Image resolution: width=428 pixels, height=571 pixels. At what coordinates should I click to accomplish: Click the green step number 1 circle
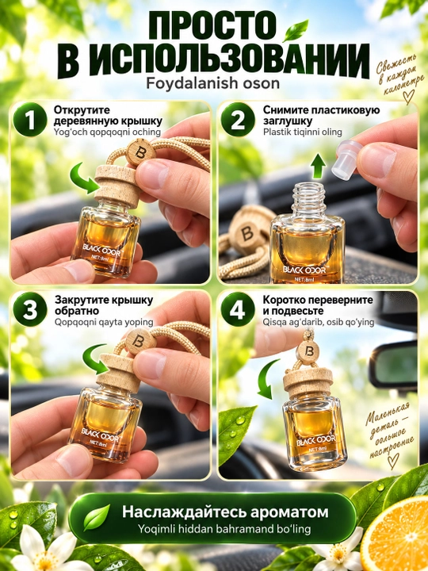tap(30, 120)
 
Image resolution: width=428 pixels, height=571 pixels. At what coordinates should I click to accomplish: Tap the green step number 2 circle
tap(238, 120)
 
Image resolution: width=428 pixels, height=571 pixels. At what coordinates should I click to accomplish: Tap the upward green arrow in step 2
tap(319, 166)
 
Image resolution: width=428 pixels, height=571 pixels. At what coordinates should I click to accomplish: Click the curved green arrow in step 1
tap(85, 178)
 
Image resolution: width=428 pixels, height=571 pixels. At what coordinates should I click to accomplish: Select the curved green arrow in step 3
tap(97, 360)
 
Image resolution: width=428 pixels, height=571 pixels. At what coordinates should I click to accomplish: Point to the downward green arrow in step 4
tap(268, 379)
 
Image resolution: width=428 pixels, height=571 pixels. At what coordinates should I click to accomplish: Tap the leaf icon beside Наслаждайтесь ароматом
tap(97, 517)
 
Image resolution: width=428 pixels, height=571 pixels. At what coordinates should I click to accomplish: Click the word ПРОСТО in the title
tap(213, 25)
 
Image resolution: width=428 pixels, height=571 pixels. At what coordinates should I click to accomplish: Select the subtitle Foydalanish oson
tap(213, 83)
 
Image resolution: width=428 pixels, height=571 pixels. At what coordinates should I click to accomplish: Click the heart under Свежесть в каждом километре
tap(408, 97)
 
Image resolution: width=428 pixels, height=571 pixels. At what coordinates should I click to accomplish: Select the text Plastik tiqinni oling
tap(303, 132)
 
